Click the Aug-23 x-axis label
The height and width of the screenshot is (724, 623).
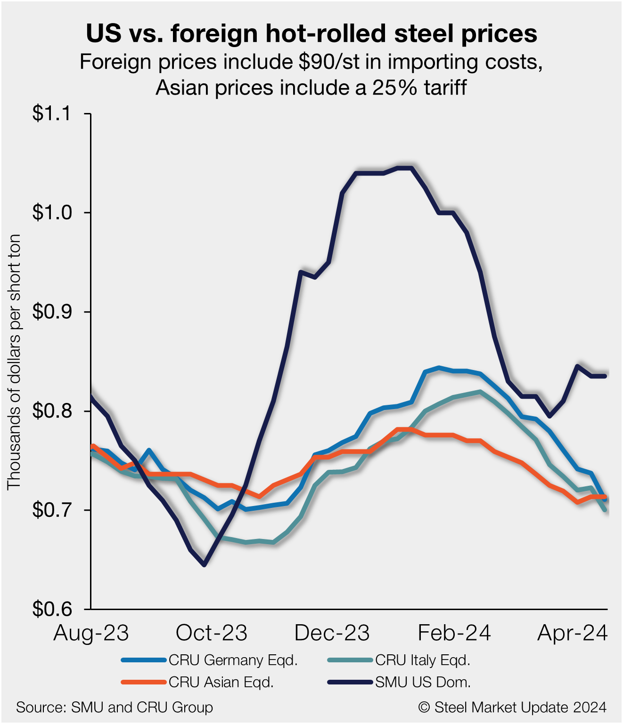91,633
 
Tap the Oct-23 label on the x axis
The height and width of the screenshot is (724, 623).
212,633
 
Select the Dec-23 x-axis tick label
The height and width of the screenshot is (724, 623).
332,633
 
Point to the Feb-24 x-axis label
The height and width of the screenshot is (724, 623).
454,633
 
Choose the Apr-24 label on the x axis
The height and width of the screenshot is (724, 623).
572,633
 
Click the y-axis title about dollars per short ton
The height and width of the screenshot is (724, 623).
14,362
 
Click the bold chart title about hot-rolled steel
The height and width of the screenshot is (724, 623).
311,34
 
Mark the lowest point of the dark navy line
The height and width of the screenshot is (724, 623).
204,564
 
